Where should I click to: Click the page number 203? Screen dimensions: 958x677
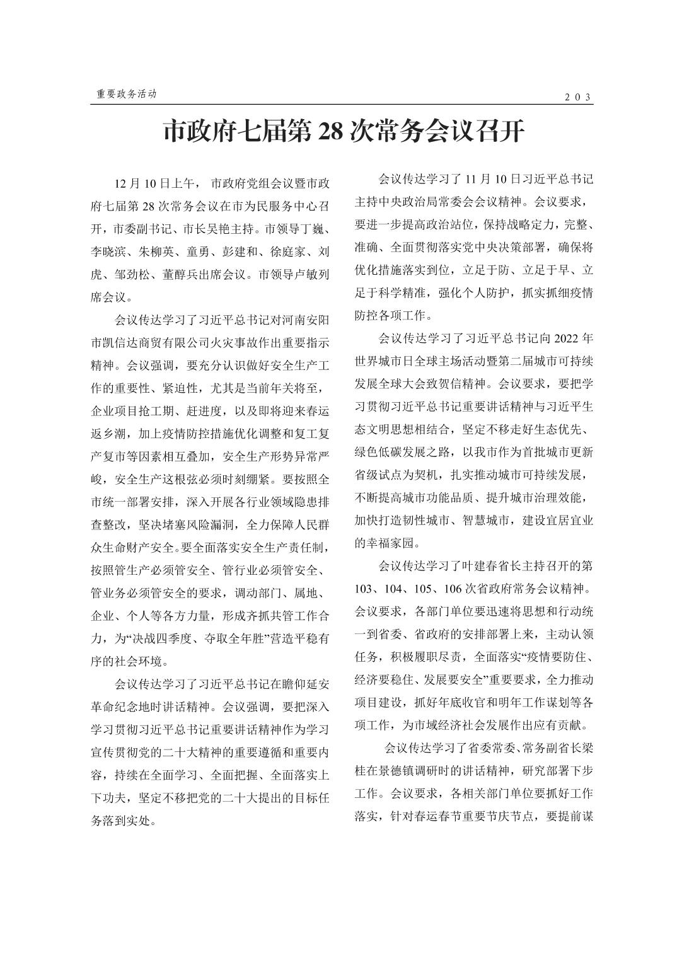click(x=577, y=96)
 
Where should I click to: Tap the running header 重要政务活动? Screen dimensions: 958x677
click(x=126, y=94)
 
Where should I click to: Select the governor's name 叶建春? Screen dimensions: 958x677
click(x=485, y=565)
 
